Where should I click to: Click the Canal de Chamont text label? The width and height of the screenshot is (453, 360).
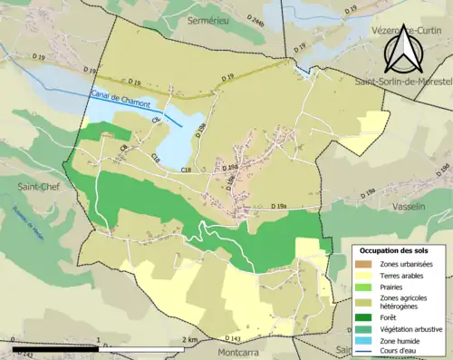[x=120, y=95]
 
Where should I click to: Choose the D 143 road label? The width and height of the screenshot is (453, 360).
[x=229, y=336]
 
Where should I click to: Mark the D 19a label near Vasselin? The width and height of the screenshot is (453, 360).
[x=364, y=191]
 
